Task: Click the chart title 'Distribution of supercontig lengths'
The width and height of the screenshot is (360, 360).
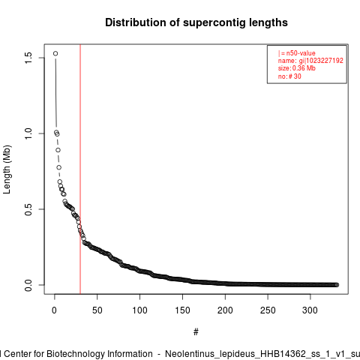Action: coord(196,22)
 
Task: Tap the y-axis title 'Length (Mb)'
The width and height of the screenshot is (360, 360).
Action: coord(7,169)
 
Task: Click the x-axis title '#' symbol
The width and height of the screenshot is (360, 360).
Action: coord(196,332)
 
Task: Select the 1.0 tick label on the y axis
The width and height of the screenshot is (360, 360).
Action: coord(28,133)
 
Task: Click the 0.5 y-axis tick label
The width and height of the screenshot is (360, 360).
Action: coord(28,209)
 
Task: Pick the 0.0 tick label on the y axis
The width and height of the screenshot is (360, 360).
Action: coord(28,285)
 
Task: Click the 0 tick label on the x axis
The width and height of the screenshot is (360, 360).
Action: coord(54,310)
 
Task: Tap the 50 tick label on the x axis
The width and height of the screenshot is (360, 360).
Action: coord(97,310)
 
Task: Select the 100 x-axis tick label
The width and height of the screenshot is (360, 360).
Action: coord(139,310)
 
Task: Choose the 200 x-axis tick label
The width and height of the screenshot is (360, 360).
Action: coord(225,310)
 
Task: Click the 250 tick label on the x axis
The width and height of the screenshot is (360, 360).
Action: coord(268,310)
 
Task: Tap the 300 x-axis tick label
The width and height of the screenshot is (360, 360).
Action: coord(310,310)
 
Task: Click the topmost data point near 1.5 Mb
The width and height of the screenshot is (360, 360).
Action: coord(55,53)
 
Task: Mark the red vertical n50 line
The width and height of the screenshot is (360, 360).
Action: coord(80,169)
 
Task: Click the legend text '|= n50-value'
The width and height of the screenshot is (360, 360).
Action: coord(297,53)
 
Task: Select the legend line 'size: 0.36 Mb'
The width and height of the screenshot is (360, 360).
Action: coord(297,68)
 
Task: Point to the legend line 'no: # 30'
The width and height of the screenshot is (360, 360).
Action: coord(289,76)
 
